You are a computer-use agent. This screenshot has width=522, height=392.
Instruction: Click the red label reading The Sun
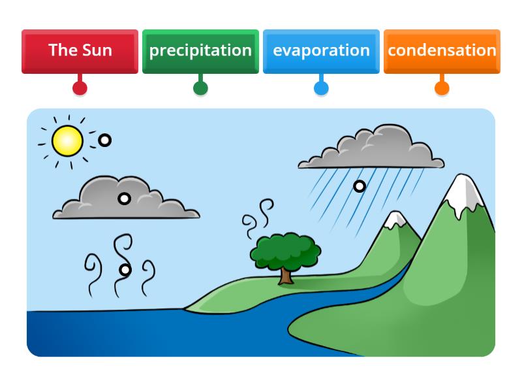click(x=80, y=51)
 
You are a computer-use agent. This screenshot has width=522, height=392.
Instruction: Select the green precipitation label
click(x=200, y=51)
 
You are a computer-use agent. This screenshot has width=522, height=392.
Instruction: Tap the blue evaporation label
click(x=321, y=51)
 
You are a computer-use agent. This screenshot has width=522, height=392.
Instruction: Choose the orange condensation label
click(x=442, y=51)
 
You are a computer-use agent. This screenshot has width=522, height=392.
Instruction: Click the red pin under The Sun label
click(x=80, y=88)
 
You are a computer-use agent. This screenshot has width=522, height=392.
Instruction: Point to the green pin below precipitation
click(x=200, y=88)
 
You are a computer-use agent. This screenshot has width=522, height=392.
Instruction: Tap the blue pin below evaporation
click(x=321, y=88)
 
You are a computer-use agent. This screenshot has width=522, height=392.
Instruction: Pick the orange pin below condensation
click(x=442, y=88)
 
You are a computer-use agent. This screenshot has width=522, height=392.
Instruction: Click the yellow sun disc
click(x=67, y=140)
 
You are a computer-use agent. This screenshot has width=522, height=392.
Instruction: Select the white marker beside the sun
click(x=104, y=140)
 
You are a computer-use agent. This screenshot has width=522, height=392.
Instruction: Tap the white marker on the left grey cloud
click(x=124, y=199)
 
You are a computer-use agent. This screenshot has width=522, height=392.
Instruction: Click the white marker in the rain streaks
click(x=359, y=186)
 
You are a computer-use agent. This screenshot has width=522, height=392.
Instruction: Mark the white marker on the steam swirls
click(x=125, y=270)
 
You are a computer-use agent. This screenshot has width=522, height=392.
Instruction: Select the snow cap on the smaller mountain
click(x=395, y=221)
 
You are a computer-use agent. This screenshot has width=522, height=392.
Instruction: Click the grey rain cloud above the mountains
click(x=372, y=150)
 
